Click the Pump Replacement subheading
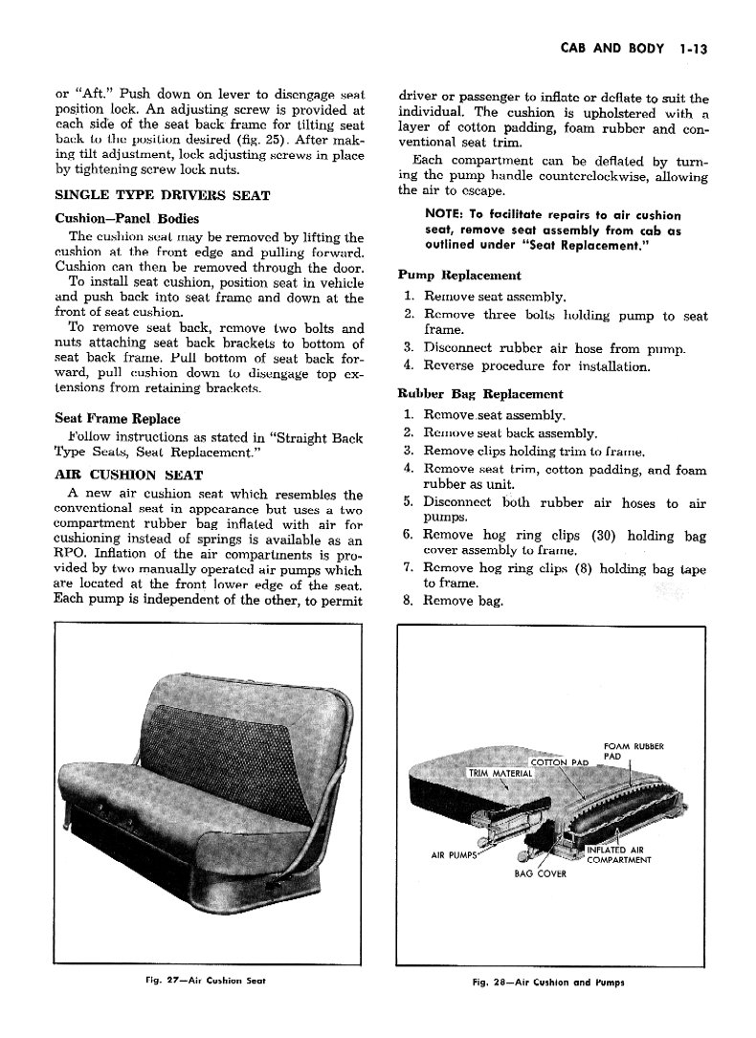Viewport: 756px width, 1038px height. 459,275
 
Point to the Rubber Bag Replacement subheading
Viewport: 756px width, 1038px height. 479,393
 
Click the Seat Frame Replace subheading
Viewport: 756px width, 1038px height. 118,418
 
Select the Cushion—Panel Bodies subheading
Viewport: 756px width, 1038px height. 127,218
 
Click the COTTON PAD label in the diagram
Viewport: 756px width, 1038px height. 565,762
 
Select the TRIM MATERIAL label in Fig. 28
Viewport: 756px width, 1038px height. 499,773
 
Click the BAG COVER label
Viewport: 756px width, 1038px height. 540,872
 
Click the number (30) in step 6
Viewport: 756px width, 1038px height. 603,536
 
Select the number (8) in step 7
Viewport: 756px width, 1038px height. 580,568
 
